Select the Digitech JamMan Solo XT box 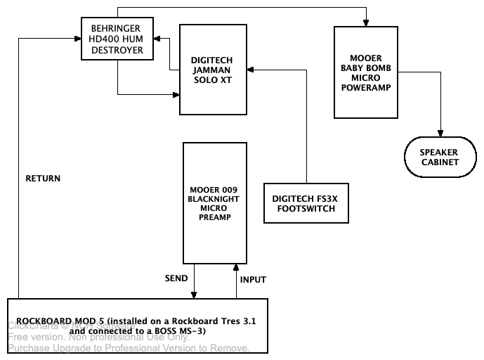[211, 70]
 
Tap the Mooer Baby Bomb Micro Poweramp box [365, 72]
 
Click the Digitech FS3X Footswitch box [305, 203]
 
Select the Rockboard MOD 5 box [137, 326]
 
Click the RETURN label [43, 179]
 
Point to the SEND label [176, 279]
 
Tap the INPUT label [253, 279]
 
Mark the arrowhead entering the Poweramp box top [365, 23]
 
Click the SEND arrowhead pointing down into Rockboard [193, 294]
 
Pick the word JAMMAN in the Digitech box [212, 71]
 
